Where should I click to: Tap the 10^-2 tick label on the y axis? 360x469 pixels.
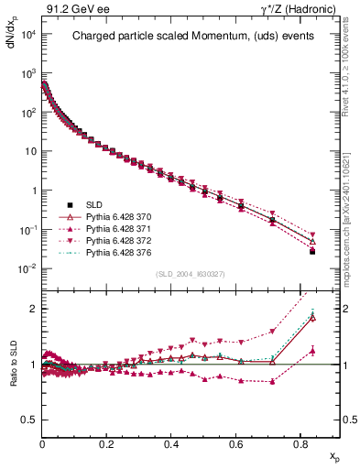pyautogui.click(x=27, y=268)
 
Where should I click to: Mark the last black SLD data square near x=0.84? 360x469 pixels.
pyautogui.click(x=312, y=251)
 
